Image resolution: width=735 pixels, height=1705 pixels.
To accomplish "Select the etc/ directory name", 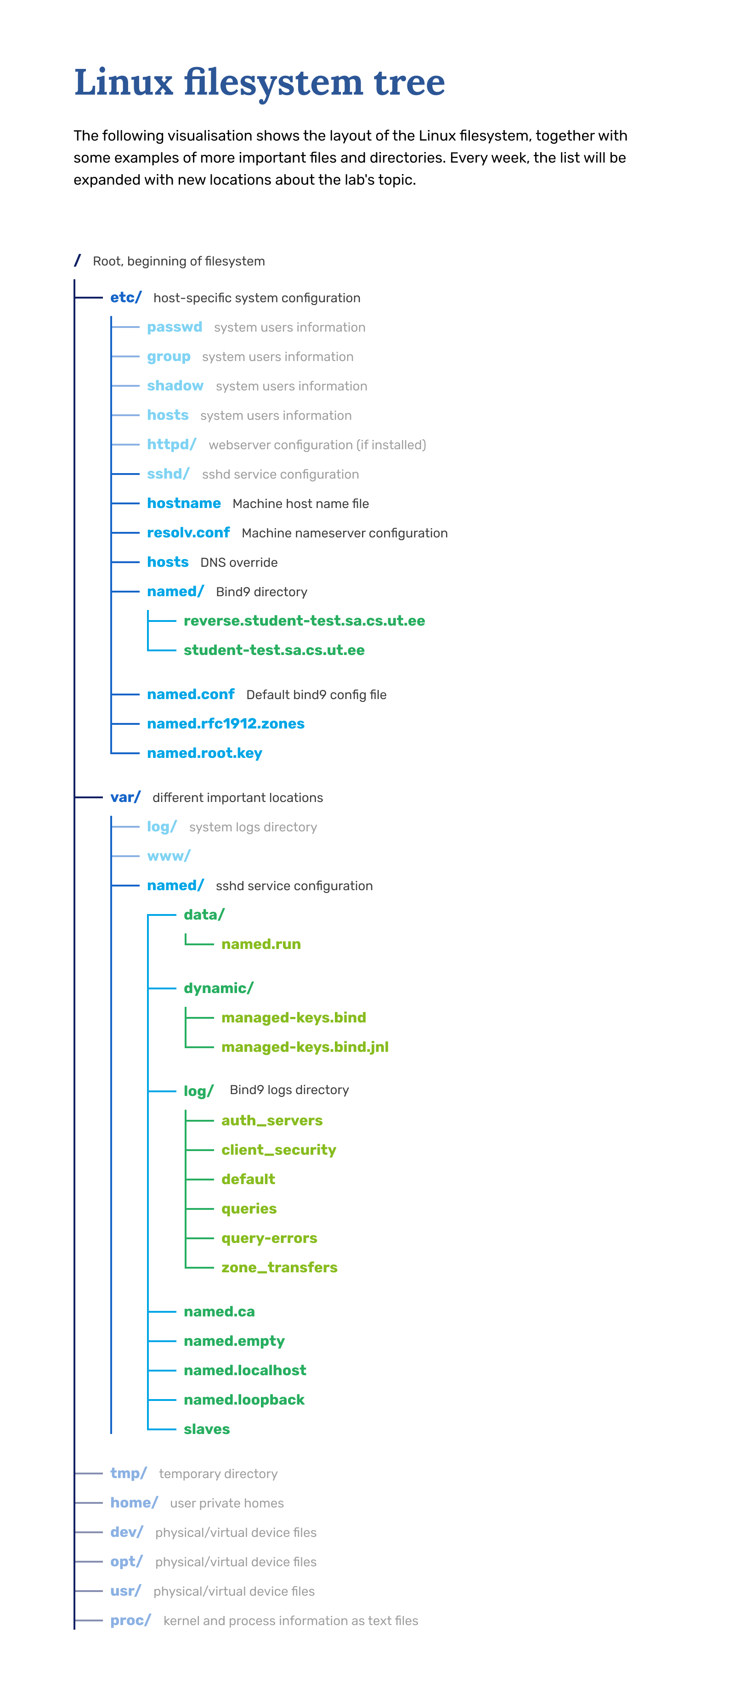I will [125, 298].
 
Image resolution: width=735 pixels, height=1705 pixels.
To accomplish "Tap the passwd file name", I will [174, 327].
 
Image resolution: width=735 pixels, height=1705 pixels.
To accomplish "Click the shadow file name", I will [175, 386].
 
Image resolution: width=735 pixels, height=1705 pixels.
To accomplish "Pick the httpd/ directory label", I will [171, 444].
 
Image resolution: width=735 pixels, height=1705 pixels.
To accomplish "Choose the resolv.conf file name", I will [188, 533].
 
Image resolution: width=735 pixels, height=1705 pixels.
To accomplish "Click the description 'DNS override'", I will [238, 563].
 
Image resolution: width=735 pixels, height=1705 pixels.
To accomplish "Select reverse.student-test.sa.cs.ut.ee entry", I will [304, 621].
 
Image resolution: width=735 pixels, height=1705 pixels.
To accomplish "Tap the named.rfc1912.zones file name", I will [225, 723].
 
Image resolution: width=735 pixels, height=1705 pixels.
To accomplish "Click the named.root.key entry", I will [204, 753].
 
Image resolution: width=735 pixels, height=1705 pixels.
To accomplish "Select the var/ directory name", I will [125, 797].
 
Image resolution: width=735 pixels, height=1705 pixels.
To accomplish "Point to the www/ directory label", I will [168, 857].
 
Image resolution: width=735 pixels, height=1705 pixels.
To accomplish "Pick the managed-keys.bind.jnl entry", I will [305, 1047].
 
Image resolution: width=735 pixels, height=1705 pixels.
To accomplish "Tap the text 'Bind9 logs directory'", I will [288, 1090].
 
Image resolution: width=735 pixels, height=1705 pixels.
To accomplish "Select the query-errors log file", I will [269, 1238].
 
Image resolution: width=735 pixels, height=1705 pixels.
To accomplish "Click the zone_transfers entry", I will [279, 1268].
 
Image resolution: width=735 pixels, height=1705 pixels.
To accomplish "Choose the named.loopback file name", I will [243, 1400].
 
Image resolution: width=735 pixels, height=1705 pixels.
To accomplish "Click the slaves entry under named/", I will [207, 1430].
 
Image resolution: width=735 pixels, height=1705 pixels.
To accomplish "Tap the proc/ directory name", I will [130, 1620].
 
